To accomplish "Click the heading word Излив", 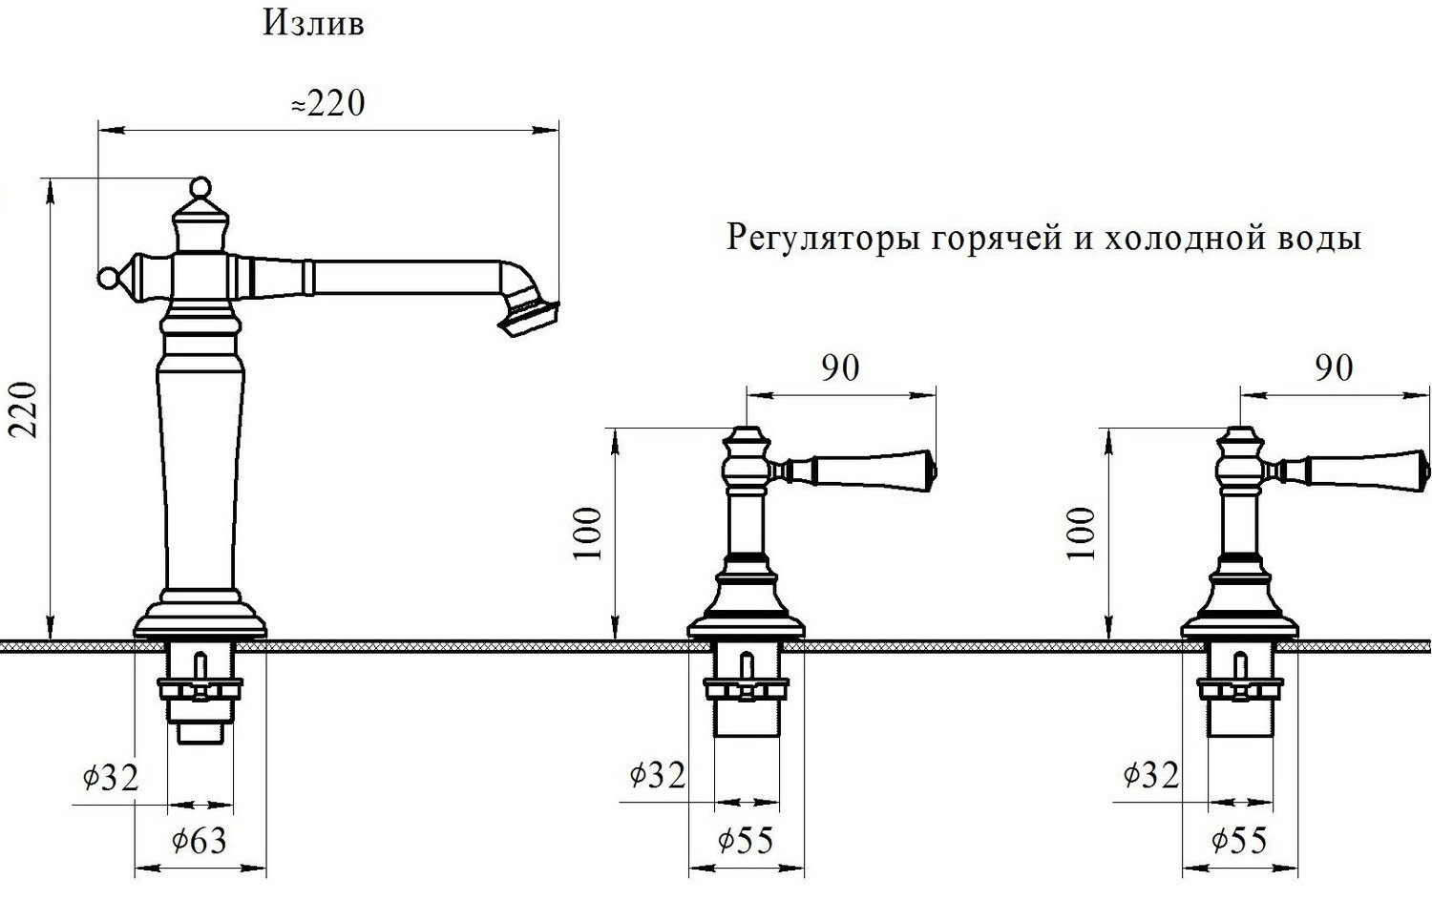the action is click(x=313, y=24).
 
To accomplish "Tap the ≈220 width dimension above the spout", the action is click(x=328, y=103).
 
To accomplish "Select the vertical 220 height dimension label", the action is click(x=23, y=409).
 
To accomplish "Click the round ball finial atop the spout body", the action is click(x=201, y=186).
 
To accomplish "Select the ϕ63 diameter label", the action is click(x=199, y=841).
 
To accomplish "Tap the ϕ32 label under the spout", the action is click(x=111, y=778).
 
